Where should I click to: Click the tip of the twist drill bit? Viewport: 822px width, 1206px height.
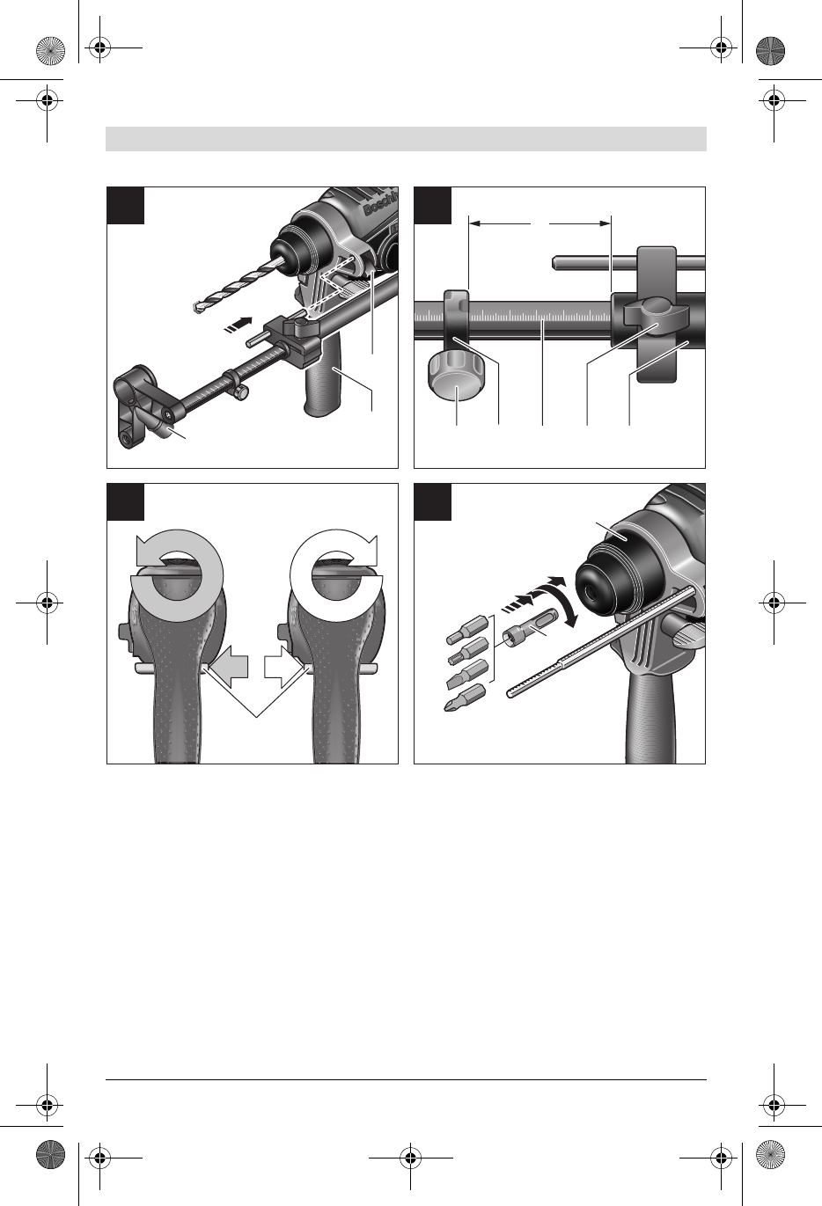tap(194, 309)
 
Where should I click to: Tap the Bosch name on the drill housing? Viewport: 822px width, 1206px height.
tap(381, 203)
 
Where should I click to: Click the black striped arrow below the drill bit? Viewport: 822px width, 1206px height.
tap(239, 325)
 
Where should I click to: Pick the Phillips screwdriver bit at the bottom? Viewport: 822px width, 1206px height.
tap(465, 698)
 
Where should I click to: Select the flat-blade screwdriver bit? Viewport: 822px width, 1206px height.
tap(467, 675)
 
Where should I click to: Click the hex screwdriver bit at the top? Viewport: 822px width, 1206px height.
tap(467, 629)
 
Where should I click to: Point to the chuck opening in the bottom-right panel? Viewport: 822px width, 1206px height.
tap(591, 590)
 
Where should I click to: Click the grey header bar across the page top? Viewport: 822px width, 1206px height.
tap(406, 139)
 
